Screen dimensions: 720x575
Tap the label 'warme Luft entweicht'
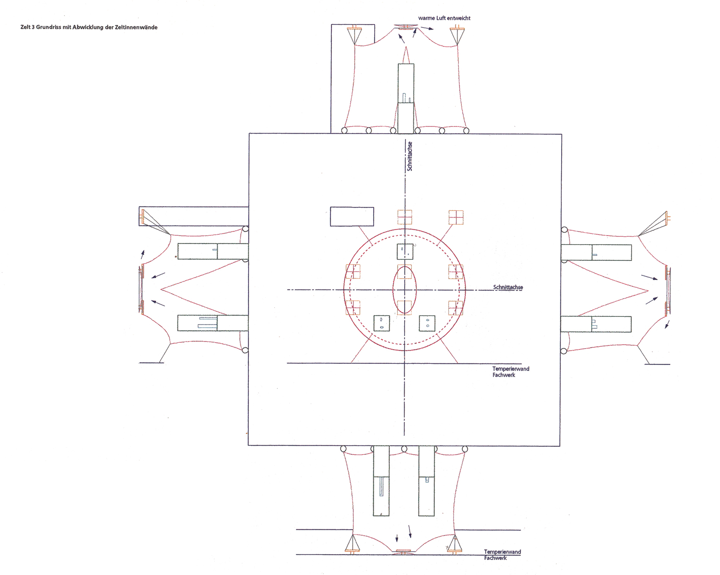(x=444, y=18)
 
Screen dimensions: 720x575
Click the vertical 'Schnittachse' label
(x=409, y=156)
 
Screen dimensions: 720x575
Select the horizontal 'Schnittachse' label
(x=508, y=287)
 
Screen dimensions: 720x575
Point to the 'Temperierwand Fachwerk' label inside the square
(x=510, y=371)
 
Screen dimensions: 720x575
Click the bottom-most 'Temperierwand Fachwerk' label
(x=502, y=555)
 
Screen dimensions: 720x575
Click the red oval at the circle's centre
(x=405, y=290)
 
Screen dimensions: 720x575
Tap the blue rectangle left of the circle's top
(x=352, y=216)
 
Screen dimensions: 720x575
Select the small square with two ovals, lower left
(x=382, y=324)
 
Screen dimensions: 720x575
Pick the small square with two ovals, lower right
(x=427, y=324)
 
